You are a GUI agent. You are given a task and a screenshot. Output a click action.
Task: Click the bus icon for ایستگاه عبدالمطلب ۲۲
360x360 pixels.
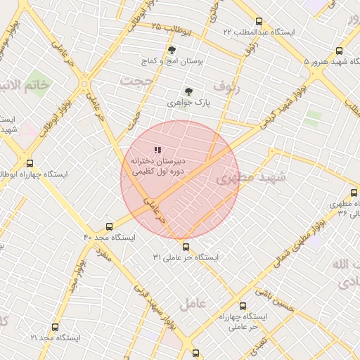click(259, 21)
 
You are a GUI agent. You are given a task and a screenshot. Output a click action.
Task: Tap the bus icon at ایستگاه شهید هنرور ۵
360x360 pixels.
click(340, 51)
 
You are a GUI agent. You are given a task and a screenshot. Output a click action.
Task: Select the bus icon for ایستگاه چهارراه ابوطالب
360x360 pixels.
click(28, 162)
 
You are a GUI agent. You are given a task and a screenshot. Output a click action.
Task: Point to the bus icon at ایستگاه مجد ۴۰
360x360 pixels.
click(108, 226)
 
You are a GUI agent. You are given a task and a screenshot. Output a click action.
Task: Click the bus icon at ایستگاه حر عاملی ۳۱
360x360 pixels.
click(186, 247)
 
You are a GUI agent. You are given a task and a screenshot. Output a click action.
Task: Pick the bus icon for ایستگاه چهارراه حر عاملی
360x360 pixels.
click(243, 307)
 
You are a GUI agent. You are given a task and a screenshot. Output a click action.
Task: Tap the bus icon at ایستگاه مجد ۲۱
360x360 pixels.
click(55, 327)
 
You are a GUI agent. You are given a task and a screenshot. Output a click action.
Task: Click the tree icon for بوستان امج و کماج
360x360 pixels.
click(172, 50)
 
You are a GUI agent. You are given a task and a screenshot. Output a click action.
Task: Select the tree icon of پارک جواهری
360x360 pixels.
click(188, 91)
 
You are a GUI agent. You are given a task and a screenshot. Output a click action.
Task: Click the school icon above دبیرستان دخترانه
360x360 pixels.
click(157, 150)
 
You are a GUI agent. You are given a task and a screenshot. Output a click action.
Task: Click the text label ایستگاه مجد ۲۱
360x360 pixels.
click(56, 338)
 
